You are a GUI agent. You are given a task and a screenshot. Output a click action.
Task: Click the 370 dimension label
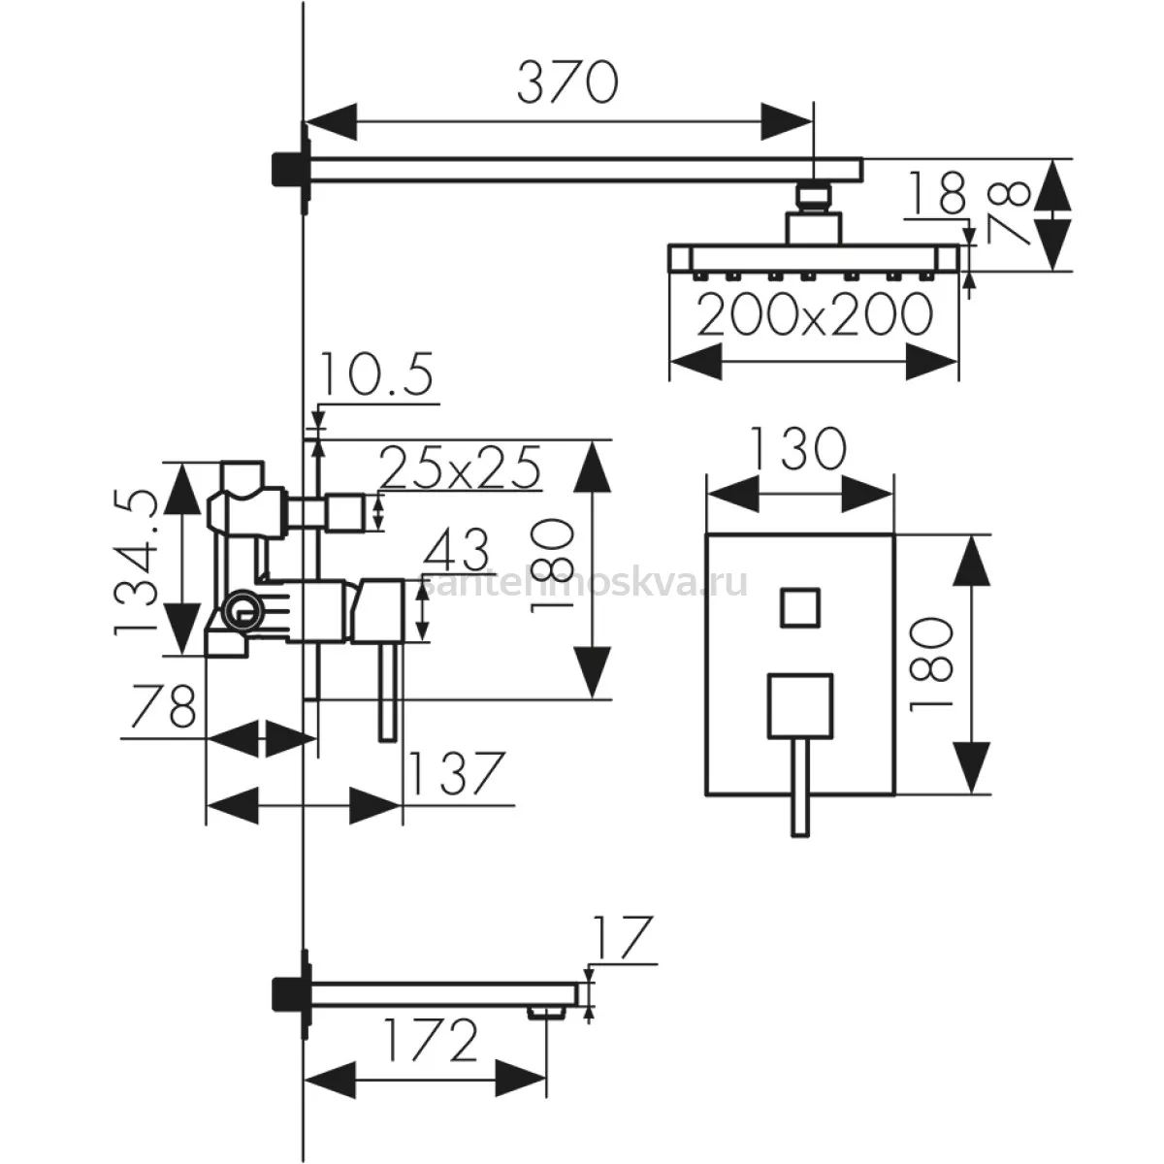[567, 81]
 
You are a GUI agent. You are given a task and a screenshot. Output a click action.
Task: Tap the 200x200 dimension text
[815, 314]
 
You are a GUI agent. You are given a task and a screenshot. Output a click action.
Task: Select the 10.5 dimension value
[375, 373]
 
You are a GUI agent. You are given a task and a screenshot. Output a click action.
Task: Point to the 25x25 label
[461, 468]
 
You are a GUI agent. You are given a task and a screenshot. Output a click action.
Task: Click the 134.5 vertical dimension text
[135, 563]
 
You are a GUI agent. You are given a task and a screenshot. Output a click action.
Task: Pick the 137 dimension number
[456, 774]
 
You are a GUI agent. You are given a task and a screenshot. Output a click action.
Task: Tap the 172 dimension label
[431, 1040]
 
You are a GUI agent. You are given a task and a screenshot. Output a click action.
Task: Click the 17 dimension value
[623, 938]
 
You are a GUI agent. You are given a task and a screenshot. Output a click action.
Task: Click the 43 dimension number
[457, 549]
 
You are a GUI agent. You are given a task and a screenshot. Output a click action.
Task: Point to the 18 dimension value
[936, 193]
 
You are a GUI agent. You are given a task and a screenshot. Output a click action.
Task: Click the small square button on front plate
[799, 607]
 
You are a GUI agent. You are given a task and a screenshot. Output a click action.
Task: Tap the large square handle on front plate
[799, 706]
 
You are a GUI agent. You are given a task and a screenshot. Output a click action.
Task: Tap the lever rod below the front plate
[799, 788]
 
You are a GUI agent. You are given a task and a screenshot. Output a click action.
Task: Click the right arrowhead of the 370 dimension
[787, 121]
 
